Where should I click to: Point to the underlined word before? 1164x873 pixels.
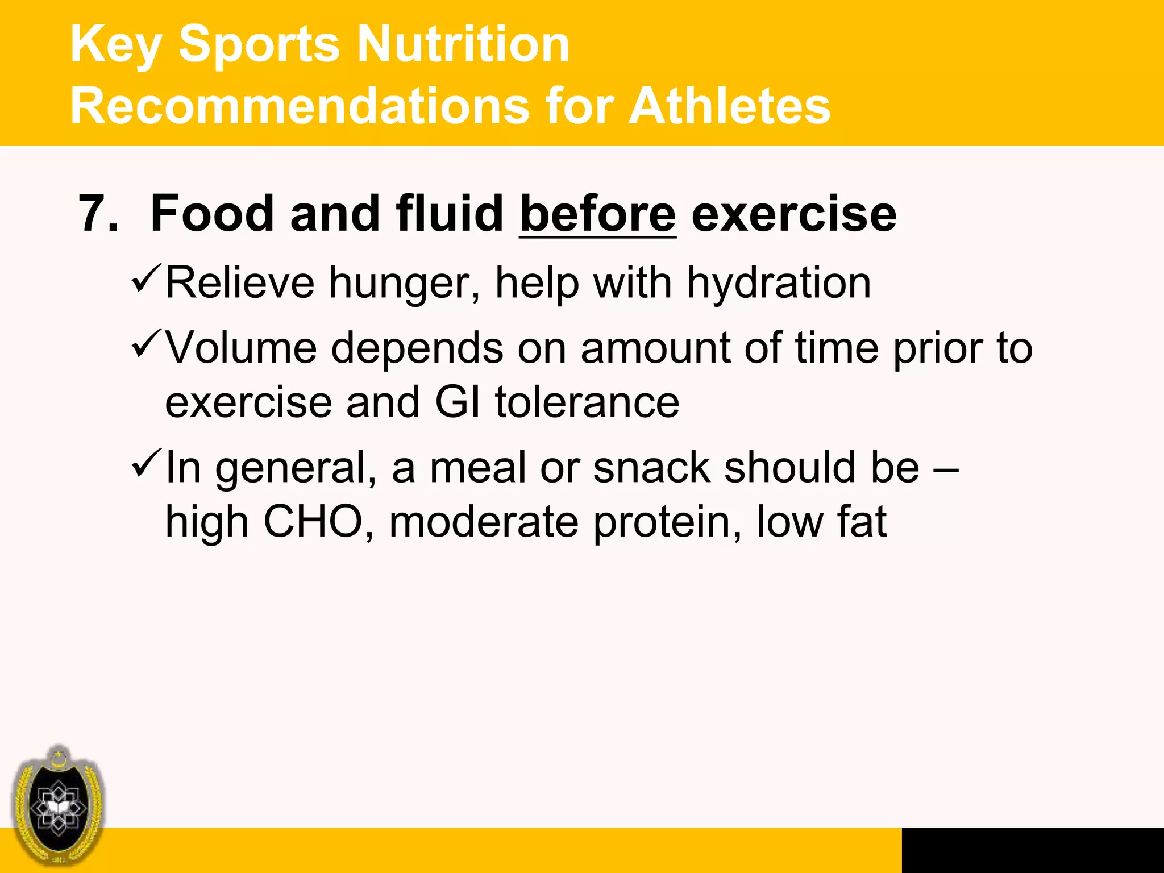[597, 215]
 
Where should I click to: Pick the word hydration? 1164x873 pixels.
[779, 283]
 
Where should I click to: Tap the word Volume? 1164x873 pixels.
[241, 347]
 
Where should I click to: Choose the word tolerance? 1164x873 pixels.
[587, 402]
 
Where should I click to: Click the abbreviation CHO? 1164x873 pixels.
[313, 522]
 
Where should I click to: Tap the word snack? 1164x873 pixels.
[651, 468]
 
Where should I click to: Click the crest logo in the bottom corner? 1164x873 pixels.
[58, 806]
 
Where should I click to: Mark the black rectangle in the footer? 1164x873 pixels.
[1032, 850]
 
